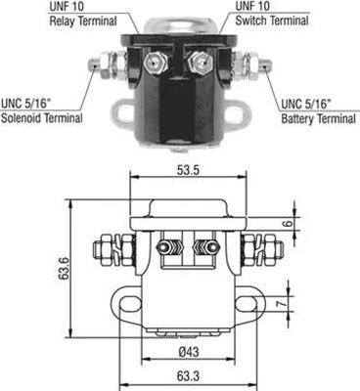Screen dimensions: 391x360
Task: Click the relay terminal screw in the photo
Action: tap(153, 62)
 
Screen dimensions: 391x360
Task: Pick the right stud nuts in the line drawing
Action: tap(249, 246)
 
